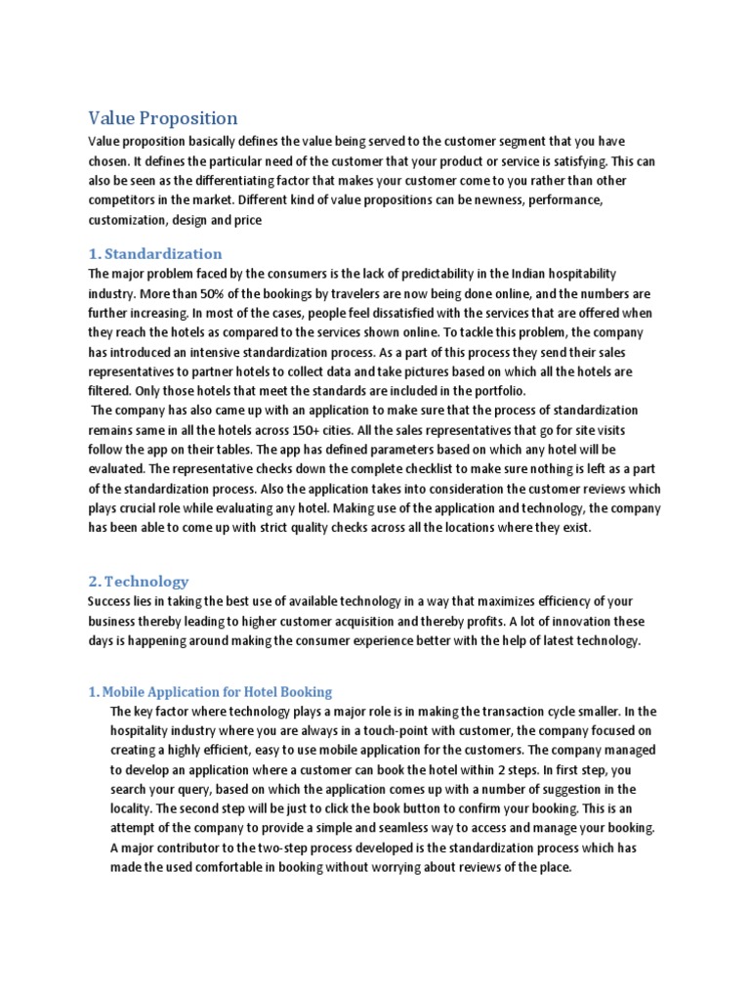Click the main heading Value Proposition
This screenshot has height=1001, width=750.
pos(163,118)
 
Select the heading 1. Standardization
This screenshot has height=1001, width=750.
pos(155,254)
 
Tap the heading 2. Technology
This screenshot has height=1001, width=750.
pos(139,581)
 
